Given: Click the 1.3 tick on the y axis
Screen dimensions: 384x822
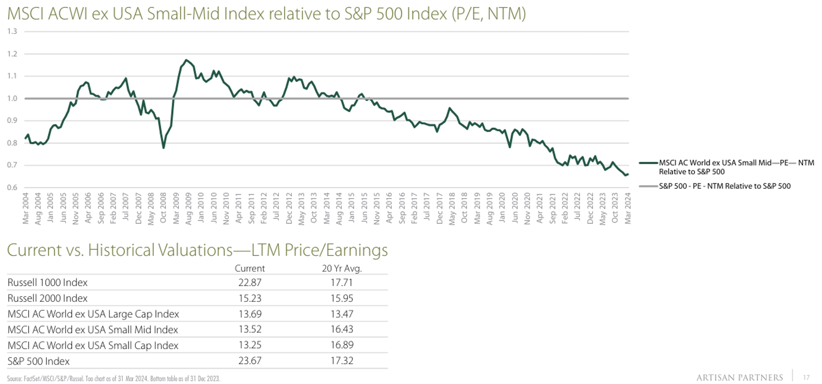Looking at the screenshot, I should coord(12,32).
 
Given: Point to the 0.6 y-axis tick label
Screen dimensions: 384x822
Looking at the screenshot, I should coord(12,187).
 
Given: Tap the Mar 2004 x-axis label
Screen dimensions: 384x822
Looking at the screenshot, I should coord(26,209).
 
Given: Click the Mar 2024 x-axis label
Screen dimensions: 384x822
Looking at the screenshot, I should coord(628,209).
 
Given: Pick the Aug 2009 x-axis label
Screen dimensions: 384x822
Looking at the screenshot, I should coord(189,209).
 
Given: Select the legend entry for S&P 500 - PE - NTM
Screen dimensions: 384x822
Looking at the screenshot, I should coord(724,186).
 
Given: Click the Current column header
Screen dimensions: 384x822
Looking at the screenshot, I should coord(250,268).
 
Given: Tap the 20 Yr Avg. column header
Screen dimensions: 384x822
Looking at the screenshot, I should coord(342,268).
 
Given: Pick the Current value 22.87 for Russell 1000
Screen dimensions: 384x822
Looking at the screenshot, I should coord(250,282).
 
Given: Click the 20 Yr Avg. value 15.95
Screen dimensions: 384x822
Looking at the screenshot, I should coord(342,298).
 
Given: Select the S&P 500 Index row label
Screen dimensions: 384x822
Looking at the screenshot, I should coord(38,361).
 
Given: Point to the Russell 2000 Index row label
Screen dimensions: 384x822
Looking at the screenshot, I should coord(48,298).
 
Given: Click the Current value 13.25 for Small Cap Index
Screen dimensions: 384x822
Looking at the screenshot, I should coord(250,345).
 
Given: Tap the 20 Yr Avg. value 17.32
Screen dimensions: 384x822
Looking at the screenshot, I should coord(342,361).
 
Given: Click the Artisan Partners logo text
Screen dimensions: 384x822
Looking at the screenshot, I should coord(740,378).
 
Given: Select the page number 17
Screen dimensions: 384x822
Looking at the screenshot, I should coord(806,378).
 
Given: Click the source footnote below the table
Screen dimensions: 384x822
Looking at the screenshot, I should coord(114,378).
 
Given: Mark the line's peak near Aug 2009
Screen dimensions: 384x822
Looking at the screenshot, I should coord(186,60).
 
